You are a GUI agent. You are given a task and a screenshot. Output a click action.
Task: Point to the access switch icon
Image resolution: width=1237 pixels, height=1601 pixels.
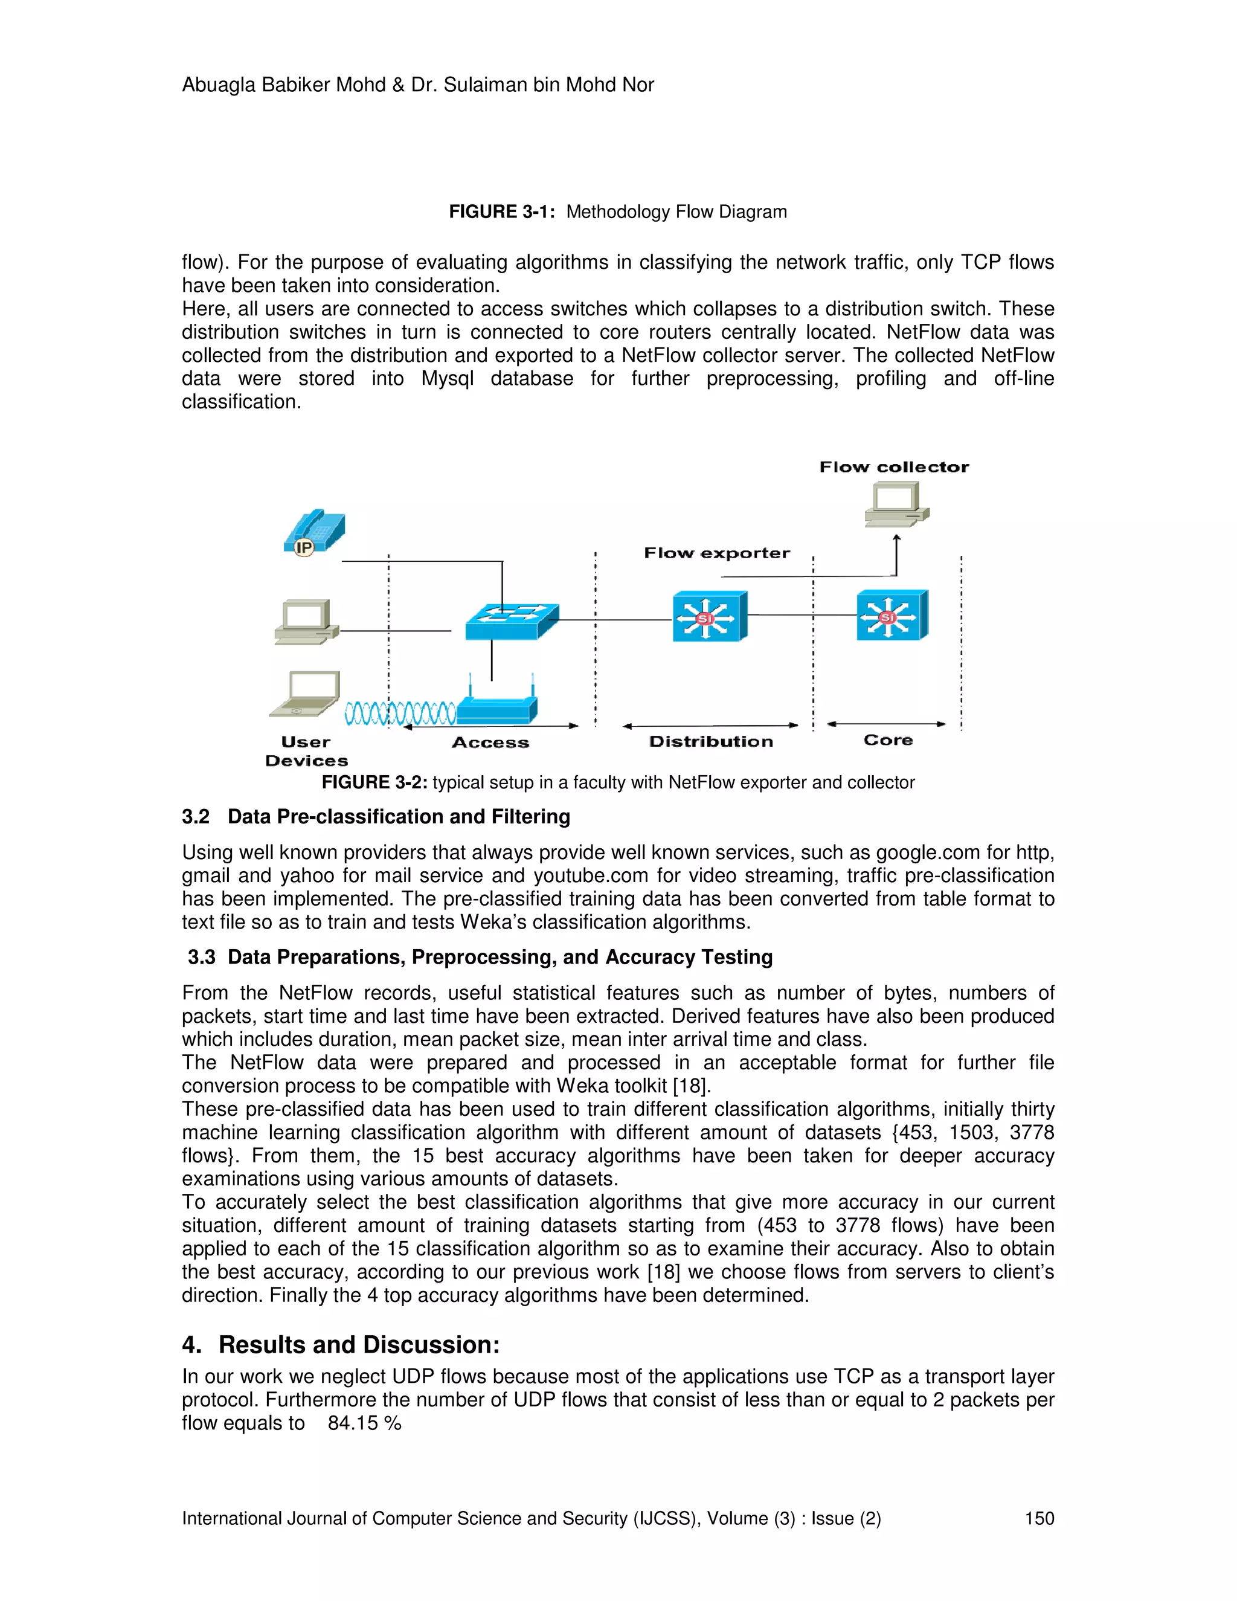(512, 621)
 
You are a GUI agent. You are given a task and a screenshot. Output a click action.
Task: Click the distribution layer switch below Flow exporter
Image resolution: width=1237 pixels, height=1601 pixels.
(709, 616)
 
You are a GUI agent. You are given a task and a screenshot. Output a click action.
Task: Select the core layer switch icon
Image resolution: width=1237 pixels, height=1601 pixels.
(892, 615)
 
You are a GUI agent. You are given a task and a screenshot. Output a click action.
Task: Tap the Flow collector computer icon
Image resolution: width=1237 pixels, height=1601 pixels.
(896, 504)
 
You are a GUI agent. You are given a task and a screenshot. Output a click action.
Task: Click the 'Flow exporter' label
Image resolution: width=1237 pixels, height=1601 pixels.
(717, 553)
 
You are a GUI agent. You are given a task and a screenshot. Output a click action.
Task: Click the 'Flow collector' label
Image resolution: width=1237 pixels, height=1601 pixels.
(893, 467)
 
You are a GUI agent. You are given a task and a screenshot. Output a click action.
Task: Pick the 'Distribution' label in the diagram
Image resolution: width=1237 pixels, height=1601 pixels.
(711, 742)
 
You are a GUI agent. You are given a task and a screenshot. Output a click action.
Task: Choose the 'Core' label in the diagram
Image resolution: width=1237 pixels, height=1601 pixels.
(887, 741)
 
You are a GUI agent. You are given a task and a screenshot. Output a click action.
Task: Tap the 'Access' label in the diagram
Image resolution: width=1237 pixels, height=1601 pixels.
(490, 743)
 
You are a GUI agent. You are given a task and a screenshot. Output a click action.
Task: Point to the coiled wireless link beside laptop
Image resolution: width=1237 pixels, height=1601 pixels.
(400, 712)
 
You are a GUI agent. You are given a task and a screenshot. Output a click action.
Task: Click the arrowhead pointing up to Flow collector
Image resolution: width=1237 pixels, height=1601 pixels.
(896, 539)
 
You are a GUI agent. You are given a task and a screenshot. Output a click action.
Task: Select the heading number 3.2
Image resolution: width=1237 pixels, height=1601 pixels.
(196, 817)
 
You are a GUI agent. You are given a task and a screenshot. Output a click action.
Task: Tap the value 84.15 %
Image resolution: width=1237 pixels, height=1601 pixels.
(364, 1423)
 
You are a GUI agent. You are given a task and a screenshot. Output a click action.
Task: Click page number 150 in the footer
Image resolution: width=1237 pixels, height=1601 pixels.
(1038, 1518)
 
